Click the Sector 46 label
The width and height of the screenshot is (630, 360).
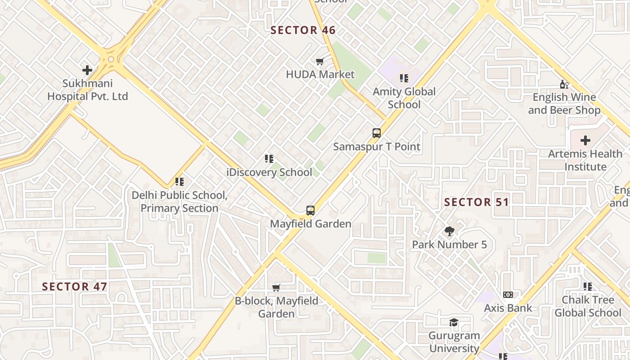(303, 30)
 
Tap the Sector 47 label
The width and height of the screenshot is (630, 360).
(75, 287)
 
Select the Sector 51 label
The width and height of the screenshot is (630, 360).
(477, 202)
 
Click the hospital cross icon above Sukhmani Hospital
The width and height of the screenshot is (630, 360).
(87, 70)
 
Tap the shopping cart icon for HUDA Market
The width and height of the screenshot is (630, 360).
(319, 62)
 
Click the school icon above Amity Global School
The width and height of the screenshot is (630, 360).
(404, 78)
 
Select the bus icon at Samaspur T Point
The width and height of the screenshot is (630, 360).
(377, 133)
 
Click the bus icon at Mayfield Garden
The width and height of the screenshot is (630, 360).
(310, 210)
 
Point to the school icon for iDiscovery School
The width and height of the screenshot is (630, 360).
(269, 159)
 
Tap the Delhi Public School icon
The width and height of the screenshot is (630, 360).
(180, 182)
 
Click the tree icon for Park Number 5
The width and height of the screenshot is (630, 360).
(449, 231)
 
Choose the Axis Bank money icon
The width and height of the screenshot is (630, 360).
(508, 295)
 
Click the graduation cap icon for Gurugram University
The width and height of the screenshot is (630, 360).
(454, 322)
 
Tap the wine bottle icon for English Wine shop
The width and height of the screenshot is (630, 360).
(564, 84)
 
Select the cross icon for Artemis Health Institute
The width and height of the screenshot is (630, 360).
(585, 140)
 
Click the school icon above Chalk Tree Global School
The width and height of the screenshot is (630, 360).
(587, 287)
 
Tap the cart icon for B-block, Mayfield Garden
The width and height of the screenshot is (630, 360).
(276, 288)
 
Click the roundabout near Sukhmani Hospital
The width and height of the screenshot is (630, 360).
(111, 59)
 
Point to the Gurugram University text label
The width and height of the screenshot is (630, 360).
(454, 342)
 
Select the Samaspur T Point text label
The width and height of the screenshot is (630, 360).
(377, 147)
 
